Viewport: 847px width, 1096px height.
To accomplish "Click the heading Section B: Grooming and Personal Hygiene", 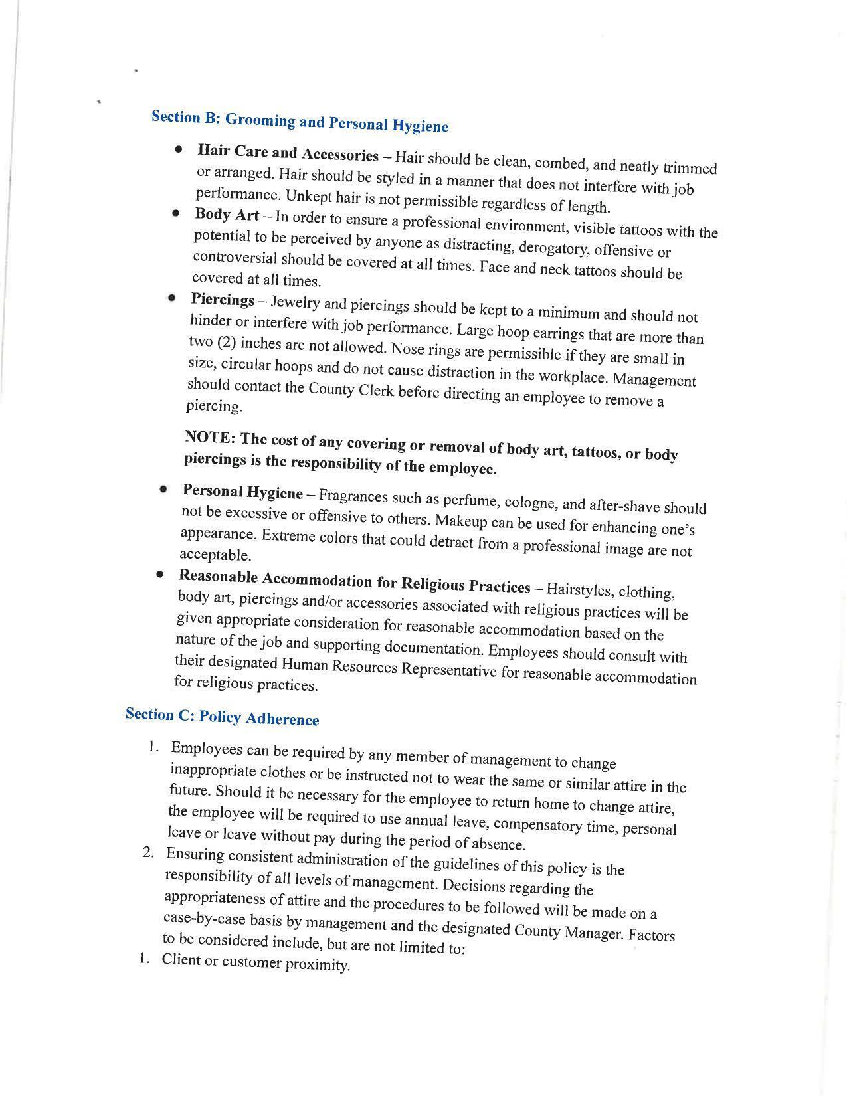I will coord(300,121).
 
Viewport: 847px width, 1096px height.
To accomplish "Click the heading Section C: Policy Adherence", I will coord(222,717).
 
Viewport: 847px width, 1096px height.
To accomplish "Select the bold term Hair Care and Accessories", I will coord(288,153).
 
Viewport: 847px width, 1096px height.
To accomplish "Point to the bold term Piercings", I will coord(223,300).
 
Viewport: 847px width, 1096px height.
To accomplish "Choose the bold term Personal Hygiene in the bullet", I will coord(242,492).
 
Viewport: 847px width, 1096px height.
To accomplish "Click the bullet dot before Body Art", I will coord(175,213).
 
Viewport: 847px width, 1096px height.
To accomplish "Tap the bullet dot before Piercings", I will coord(172,298).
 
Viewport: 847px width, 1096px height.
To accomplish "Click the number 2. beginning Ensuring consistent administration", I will coord(149,852).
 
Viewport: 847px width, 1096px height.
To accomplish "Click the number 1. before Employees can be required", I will coord(153,747).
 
